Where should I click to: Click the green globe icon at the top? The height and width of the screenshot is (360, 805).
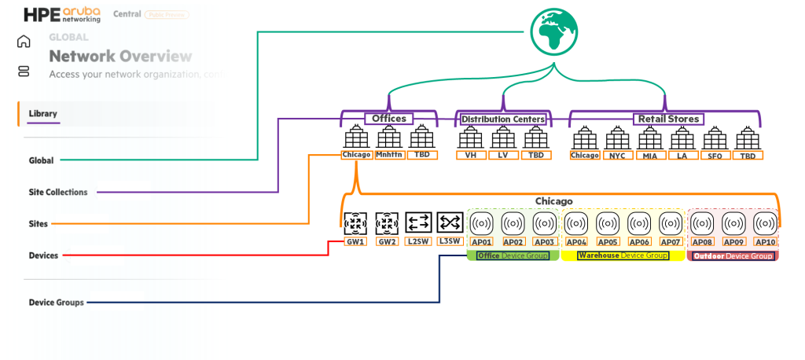click(x=554, y=32)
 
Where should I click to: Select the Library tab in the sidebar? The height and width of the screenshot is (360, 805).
click(x=42, y=114)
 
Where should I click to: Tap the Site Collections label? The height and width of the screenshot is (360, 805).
click(x=58, y=192)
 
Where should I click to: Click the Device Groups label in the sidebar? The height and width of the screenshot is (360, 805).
click(x=56, y=302)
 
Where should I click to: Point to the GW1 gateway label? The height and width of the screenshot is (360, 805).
click(x=355, y=242)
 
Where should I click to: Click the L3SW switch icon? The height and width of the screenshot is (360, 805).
click(x=450, y=223)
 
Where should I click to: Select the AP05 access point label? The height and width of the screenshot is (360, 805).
click(x=608, y=242)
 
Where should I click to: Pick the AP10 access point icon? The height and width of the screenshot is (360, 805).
click(x=765, y=223)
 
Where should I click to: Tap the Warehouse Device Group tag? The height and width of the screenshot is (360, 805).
click(x=623, y=256)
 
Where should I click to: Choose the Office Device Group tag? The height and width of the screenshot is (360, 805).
click(x=513, y=256)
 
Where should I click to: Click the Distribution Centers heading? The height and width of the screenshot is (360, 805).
click(x=503, y=119)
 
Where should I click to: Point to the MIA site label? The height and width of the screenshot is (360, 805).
click(x=649, y=156)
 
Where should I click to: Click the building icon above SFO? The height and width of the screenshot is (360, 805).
click(x=715, y=138)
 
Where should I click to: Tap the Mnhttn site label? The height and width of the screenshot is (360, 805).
click(x=389, y=155)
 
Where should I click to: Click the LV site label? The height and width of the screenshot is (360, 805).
click(x=503, y=156)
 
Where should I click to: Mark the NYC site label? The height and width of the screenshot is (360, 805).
click(x=617, y=156)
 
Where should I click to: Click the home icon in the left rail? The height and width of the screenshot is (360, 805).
click(x=24, y=42)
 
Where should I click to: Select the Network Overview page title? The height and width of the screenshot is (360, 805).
click(x=120, y=57)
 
